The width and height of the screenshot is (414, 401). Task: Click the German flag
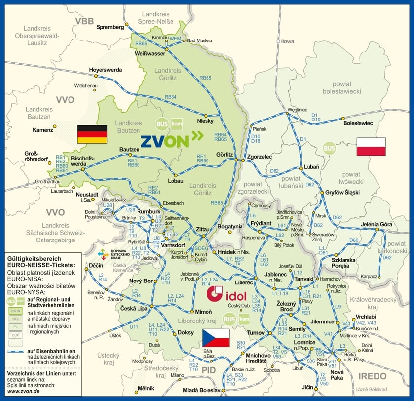click(x=92, y=134)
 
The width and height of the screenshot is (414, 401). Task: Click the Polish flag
click(x=371, y=147)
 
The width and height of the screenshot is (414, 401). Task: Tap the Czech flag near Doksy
click(x=215, y=338)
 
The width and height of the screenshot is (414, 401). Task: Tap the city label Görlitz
click(x=224, y=154)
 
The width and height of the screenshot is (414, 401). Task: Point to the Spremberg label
click(x=110, y=26)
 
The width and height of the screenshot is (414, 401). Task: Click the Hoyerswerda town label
click(x=105, y=70)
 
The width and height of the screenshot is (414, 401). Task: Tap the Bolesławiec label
click(x=358, y=123)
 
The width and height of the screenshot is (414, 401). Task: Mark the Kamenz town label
click(x=42, y=130)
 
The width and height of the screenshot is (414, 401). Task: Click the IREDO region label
click(x=373, y=376)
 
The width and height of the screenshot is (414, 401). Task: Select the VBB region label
click(x=84, y=21)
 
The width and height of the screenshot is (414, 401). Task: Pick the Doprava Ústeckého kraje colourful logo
click(x=103, y=254)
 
